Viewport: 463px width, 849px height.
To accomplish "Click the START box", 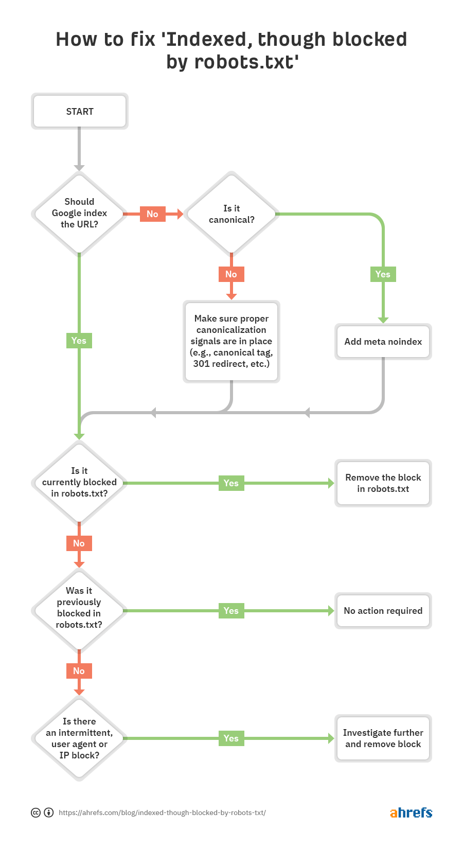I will pyautogui.click(x=80, y=111).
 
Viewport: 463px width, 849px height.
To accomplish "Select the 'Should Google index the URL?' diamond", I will pyautogui.click(x=79, y=213).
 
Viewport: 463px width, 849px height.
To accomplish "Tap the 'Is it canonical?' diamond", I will pyautogui.click(x=232, y=214).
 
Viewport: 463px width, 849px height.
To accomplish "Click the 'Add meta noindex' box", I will pyautogui.click(x=383, y=342).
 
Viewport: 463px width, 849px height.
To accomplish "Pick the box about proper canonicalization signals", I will pyautogui.click(x=232, y=341).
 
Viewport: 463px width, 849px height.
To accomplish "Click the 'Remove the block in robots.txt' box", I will pyautogui.click(x=383, y=483).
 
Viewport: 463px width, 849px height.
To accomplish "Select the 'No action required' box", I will pyautogui.click(x=383, y=611).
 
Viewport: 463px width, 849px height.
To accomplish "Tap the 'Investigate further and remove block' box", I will pyautogui.click(x=383, y=738).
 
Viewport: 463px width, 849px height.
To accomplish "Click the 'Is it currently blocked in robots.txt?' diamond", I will pyautogui.click(x=79, y=482).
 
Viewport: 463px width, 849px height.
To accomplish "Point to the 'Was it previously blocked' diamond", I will pyautogui.click(x=79, y=608).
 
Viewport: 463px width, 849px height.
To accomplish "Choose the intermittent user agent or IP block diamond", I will pyautogui.click(x=79, y=738).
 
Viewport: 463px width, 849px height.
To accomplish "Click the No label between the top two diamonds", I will pyautogui.click(x=152, y=214).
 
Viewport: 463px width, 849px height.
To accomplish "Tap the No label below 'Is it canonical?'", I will pyautogui.click(x=231, y=274).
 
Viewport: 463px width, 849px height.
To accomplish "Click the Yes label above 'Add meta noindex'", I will pyautogui.click(x=383, y=274).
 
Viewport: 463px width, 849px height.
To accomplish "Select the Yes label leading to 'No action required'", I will pyautogui.click(x=231, y=611).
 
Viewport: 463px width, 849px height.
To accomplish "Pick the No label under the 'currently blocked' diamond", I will pyautogui.click(x=79, y=543).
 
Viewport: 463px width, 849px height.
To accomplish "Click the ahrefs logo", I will pyautogui.click(x=411, y=812).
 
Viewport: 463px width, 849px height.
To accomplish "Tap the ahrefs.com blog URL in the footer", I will pyautogui.click(x=162, y=813).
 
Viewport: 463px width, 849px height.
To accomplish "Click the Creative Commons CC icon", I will pyautogui.click(x=35, y=813).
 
